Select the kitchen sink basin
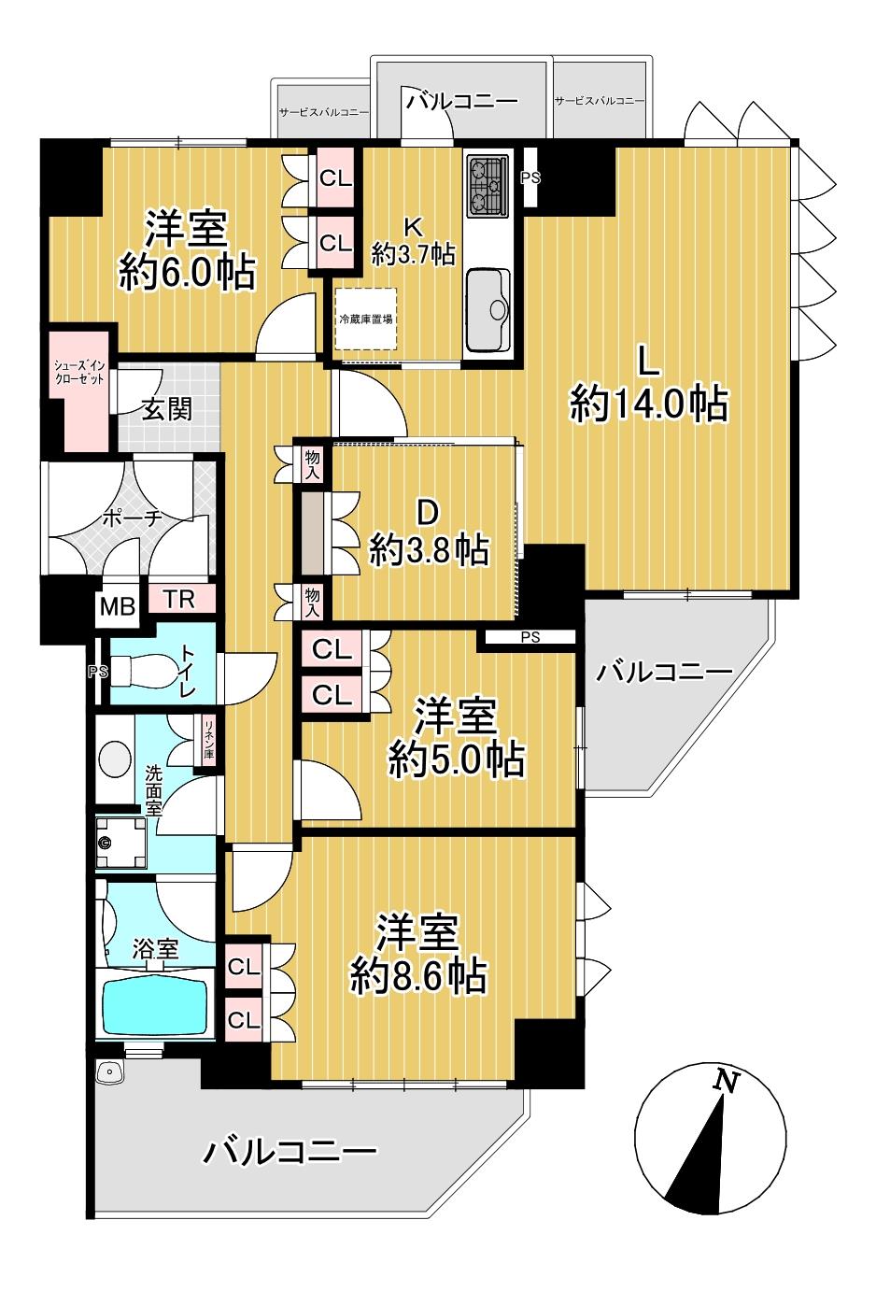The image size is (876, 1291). pos(488,309)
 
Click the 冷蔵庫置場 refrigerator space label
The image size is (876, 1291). pos(366,319)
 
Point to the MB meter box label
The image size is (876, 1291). pos(118,606)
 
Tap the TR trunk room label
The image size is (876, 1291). pos(180,600)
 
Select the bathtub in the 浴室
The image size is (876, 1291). pos(154,1003)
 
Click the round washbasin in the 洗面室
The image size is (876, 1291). pos(116,755)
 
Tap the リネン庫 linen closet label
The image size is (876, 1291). pos(208,741)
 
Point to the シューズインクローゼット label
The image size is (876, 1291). pos(79,373)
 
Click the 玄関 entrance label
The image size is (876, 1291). pos(167,410)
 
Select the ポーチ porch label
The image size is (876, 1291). pos(132,518)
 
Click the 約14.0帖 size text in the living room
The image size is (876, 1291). pos(649,404)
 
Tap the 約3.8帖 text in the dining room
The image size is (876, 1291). pos(430,549)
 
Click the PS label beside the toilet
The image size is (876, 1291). pos(97,672)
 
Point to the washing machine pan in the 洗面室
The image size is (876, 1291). pos(120,843)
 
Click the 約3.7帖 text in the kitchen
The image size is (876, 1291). pos(413,253)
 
